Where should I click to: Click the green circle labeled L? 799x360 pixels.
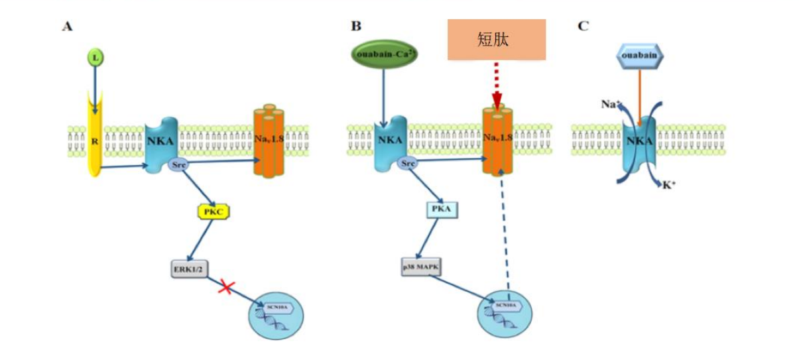click(96, 59)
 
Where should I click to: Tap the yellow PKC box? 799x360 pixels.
click(212, 212)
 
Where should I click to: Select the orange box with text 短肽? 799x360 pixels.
click(496, 40)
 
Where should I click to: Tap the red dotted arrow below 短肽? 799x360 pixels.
click(496, 83)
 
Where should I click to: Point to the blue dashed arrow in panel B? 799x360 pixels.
click(507, 232)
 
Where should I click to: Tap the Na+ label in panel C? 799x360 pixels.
click(608, 104)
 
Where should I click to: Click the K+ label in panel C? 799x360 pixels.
click(668, 185)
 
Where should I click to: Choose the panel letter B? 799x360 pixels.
click(356, 27)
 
